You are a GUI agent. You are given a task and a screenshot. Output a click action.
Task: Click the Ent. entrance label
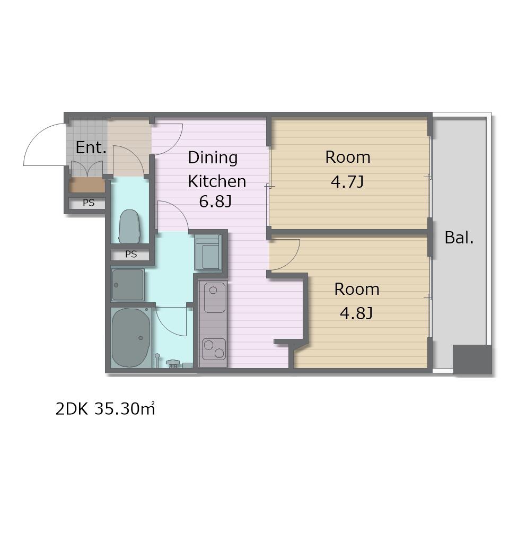click(91, 147)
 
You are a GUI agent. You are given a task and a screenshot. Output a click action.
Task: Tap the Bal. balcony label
click(459, 238)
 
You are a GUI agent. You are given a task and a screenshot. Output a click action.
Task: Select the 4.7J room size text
click(347, 182)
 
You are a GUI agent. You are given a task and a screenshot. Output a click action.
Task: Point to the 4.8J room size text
click(356, 313)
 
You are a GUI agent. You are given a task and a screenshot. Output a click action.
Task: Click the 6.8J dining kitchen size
click(215, 202)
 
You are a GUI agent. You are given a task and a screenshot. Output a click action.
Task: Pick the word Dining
click(213, 157)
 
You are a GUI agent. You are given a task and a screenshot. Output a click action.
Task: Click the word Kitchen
click(217, 181)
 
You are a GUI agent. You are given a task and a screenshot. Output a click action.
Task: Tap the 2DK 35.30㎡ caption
click(105, 409)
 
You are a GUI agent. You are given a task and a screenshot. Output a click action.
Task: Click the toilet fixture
click(129, 226)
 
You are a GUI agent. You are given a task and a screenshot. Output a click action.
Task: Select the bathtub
click(131, 337)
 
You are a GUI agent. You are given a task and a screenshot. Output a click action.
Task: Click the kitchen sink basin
click(214, 297)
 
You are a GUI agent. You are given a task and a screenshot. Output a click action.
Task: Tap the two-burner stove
click(214, 349)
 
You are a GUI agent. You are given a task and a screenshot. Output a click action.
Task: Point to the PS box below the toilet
click(130, 254)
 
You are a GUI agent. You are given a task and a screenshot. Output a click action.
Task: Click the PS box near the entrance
click(88, 203)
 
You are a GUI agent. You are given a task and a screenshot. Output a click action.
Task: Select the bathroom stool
click(173, 364)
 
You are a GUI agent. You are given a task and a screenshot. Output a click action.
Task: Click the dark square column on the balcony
click(472, 360)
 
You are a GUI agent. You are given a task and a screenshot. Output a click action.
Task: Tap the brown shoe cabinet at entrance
click(87, 185)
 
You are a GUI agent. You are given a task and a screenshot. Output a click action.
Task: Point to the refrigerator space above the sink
click(208, 252)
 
